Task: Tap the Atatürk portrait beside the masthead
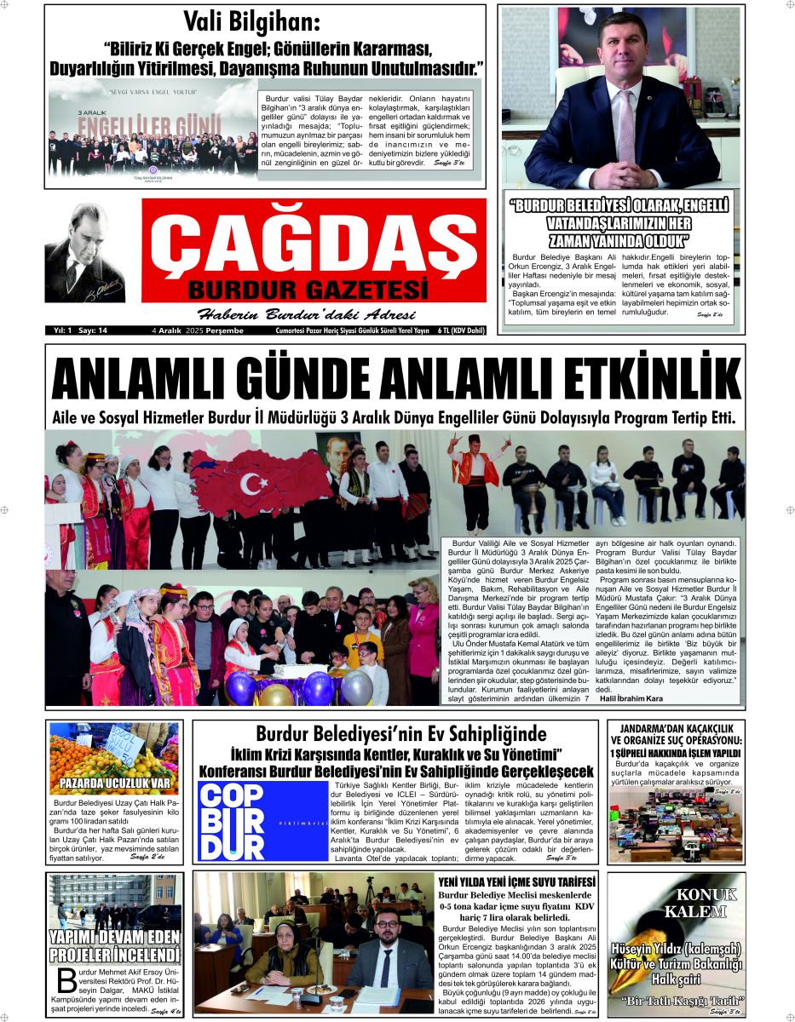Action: click(84, 253)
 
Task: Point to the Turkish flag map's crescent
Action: click(252, 483)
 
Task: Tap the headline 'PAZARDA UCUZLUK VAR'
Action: click(114, 783)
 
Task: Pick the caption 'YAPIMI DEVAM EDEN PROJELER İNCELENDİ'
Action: click(114, 946)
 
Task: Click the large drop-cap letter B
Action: click(62, 982)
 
